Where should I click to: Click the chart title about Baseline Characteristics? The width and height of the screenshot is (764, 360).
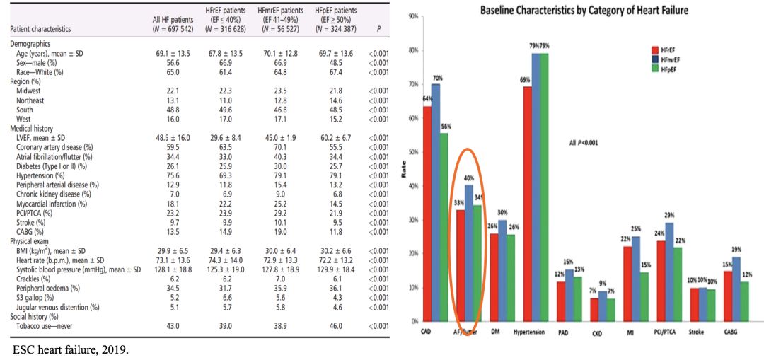584,11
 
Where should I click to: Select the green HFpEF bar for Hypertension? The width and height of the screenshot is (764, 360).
543,187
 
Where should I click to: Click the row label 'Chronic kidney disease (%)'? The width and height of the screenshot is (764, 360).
52,194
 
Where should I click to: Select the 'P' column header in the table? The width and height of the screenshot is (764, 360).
380,30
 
